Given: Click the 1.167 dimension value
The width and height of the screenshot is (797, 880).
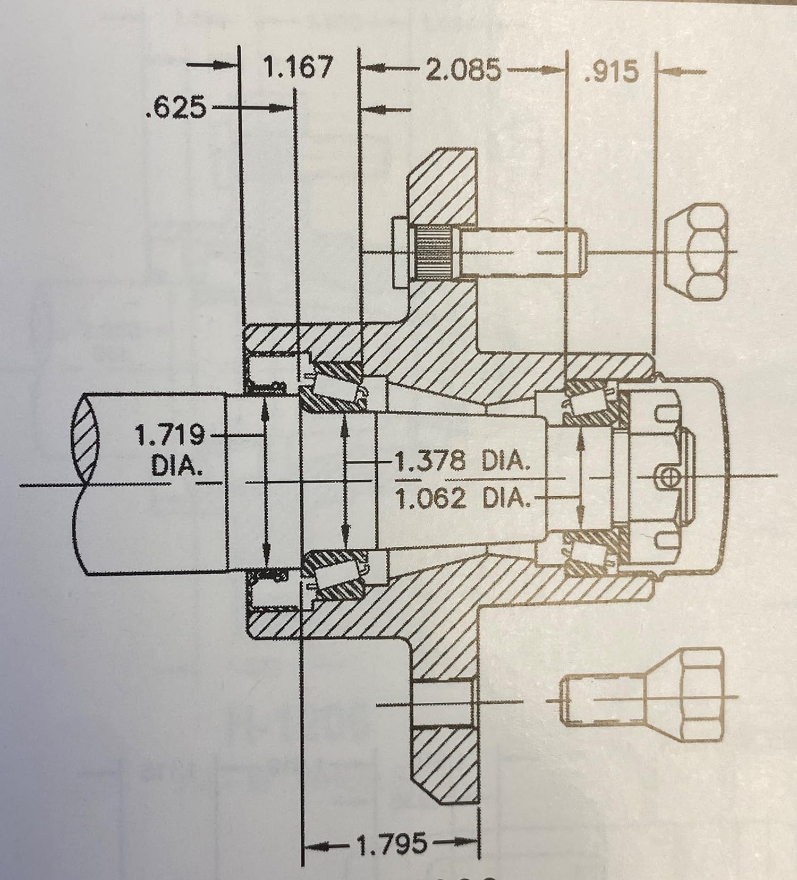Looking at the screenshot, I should (298, 67).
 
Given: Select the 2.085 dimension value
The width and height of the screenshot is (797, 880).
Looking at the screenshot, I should (463, 70).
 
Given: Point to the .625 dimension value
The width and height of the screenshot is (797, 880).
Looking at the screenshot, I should (175, 108).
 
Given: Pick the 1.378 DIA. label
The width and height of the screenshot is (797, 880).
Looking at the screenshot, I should (461, 462).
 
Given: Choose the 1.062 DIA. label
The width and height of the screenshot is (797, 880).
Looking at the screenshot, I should (463, 498).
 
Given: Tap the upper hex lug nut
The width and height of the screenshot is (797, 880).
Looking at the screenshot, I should (698, 251).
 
